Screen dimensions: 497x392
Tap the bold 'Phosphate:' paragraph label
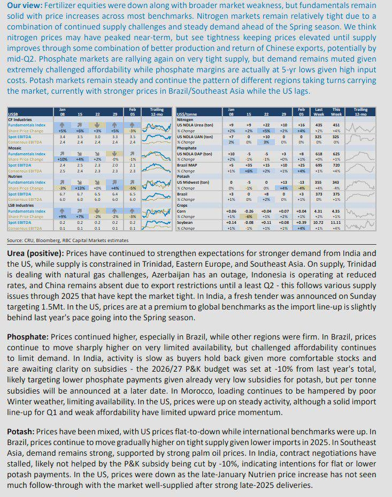pyautogui.click(x=28, y=337)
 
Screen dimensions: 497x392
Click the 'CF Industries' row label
pyautogui.click(x=20, y=119)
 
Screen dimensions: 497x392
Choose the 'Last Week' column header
pyautogui.click(x=319, y=112)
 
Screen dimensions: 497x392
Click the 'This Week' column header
pyautogui.click(x=336, y=112)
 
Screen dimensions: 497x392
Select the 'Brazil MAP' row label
pyautogui.click(x=188, y=165)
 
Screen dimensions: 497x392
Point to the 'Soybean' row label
pyautogui.click(x=186, y=222)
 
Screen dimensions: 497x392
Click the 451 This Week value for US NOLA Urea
pyautogui.click(x=336, y=125)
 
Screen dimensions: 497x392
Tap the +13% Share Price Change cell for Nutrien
pyautogui.click(x=79, y=188)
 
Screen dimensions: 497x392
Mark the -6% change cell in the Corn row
pyautogui.click(x=249, y=217)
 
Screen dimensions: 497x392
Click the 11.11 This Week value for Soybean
pyautogui.click(x=336, y=222)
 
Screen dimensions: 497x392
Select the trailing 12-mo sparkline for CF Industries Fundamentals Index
pyautogui.click(x=157, y=127)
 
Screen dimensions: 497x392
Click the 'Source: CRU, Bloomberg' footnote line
pyautogui.click(x=67, y=240)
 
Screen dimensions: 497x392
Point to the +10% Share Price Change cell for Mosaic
pyautogui.click(x=62, y=159)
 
